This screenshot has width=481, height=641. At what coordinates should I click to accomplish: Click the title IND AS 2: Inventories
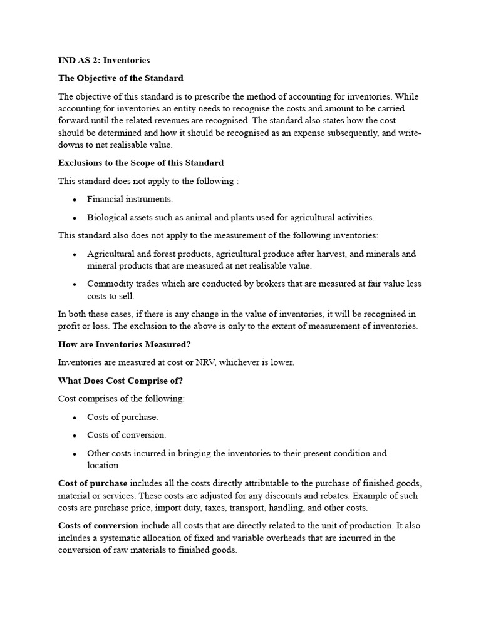pos(104,61)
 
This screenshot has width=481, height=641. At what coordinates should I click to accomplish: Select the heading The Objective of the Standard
pos(121,78)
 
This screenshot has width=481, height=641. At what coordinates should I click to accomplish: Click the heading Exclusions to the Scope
pos(141,163)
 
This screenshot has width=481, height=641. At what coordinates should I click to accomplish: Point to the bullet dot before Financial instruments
pos(75,200)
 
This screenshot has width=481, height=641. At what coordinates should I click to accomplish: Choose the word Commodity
pos(110,284)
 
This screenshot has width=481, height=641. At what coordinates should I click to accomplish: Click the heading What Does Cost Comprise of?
pos(120,381)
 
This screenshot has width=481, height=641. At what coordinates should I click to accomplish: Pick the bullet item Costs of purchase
pos(123,417)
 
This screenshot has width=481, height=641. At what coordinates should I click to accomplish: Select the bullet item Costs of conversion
pos(127,435)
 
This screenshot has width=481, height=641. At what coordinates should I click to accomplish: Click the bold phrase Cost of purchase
pos(93,483)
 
